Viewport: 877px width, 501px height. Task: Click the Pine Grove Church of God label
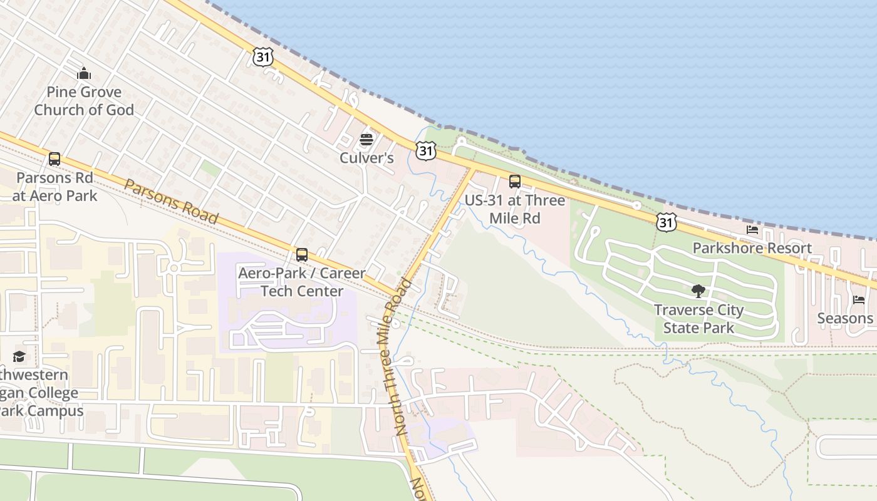coord(84,101)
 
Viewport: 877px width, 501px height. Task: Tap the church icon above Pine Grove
coord(84,74)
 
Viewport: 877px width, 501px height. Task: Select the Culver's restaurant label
coord(366,158)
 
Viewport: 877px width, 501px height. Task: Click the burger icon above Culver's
coord(366,139)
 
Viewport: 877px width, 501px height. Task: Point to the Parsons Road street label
coord(171,202)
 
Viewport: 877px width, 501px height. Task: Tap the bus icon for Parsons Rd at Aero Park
coord(54,159)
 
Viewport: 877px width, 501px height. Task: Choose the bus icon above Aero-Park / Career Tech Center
coord(302,255)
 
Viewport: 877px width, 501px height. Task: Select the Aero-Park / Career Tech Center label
coord(302,282)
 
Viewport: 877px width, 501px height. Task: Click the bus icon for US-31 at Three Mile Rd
coord(515,182)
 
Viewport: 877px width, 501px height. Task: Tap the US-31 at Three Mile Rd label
coord(515,209)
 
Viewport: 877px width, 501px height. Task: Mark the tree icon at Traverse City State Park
coord(698,291)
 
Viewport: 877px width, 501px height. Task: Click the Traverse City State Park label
coord(698,319)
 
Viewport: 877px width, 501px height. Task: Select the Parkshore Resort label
coord(752,248)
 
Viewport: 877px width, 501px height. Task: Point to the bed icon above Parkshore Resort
coord(752,230)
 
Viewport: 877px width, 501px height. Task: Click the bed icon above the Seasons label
coord(859,300)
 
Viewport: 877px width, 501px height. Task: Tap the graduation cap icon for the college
coord(19,357)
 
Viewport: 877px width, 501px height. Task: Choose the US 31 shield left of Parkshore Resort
coord(667,221)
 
